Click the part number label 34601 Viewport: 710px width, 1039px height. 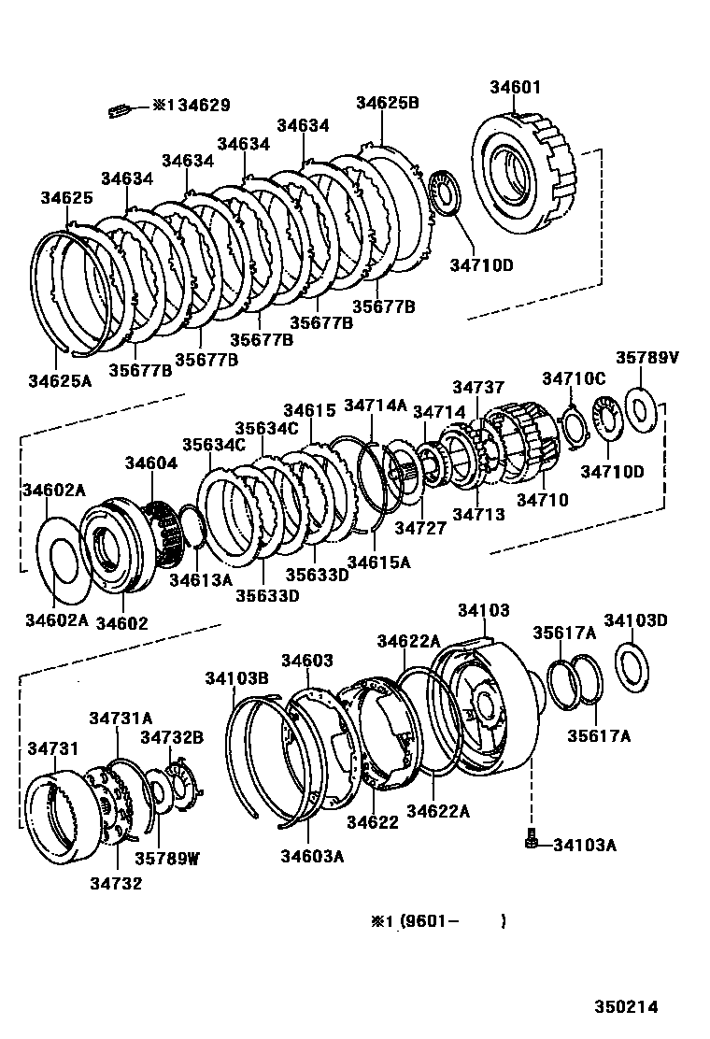[x=515, y=88]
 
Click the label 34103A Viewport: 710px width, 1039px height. [x=584, y=846]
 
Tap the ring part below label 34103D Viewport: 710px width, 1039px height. [x=632, y=667]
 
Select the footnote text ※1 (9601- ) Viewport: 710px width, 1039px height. [x=439, y=920]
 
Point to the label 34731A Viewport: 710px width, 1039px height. [x=121, y=718]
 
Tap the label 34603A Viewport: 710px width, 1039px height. [x=312, y=855]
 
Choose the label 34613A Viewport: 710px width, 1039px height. [x=200, y=579]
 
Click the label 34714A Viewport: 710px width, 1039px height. [x=376, y=405]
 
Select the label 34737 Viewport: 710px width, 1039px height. [x=478, y=387]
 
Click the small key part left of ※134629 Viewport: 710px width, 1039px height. [x=117, y=110]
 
